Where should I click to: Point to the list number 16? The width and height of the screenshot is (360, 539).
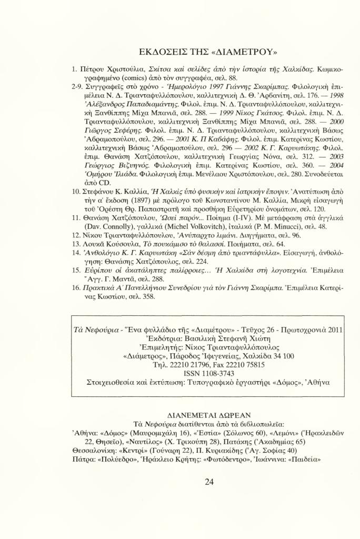75,289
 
